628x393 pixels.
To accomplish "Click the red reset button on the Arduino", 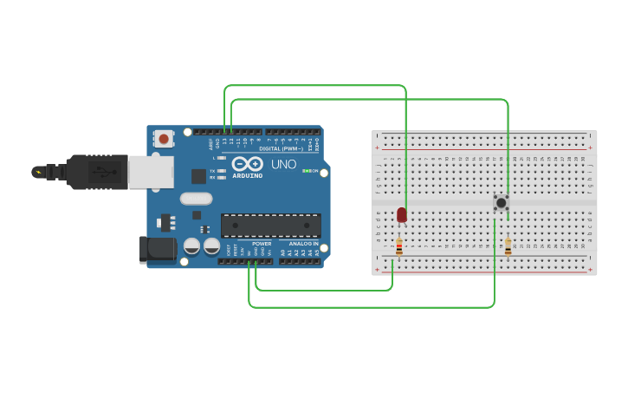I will pos(164,138).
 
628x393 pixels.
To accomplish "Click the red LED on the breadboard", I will pos(402,215).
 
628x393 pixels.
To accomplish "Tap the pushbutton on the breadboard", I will pos(501,202).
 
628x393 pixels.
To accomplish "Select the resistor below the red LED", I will pos(398,247).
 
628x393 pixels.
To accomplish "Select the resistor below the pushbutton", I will pos(508,247).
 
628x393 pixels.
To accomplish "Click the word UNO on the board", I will pos(284,164).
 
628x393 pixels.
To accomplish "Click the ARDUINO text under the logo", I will pos(248,175).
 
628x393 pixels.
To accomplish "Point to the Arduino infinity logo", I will pos(247,164).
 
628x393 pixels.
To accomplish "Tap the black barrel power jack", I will pos(158,249).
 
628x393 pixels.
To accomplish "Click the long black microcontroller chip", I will pos(270,226).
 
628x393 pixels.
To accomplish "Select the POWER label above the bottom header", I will pos(262,244).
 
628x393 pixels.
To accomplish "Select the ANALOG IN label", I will pos(303,244).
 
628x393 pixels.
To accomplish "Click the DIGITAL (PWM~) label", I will pos(280,148).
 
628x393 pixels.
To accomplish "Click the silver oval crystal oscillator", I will pos(196,199).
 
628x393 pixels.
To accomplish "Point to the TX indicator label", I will pos(212,171).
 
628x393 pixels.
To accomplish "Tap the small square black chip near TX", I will pos(198,176).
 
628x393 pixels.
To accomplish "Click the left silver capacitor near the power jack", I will pos(191,246).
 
